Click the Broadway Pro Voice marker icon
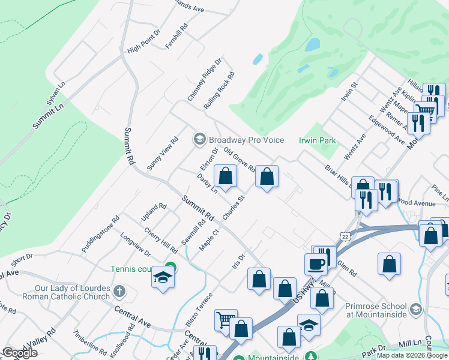click(x=199, y=139)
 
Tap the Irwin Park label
click(x=318, y=140)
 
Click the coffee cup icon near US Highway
click(x=316, y=263)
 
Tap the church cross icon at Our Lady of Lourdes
click(x=119, y=292)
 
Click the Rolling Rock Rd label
click(x=218, y=90)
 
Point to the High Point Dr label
click(x=144, y=44)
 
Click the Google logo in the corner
click(x=20, y=353)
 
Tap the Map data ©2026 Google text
click(x=411, y=355)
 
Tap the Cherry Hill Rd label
click(x=160, y=239)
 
